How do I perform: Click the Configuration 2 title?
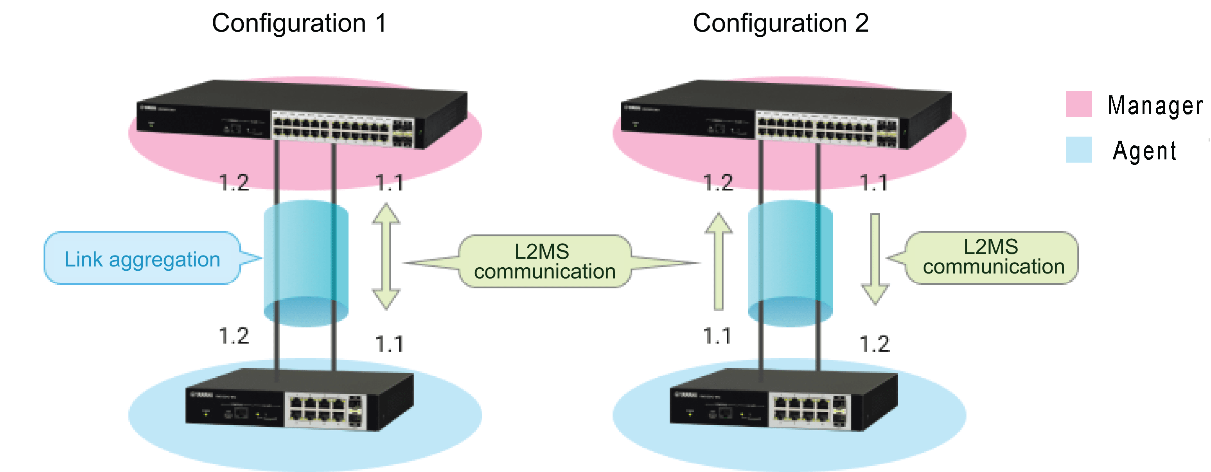coord(780,23)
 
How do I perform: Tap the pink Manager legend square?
coord(1078,104)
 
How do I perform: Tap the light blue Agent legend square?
coord(1078,149)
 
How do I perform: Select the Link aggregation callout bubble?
coord(142,258)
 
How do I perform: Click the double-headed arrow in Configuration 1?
coord(386,256)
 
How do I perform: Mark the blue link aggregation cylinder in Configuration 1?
coord(306,263)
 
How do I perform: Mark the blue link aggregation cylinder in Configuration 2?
coord(790,263)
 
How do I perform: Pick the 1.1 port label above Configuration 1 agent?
coord(389,344)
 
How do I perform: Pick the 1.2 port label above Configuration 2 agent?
coord(874,344)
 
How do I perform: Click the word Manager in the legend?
coord(1155,105)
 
